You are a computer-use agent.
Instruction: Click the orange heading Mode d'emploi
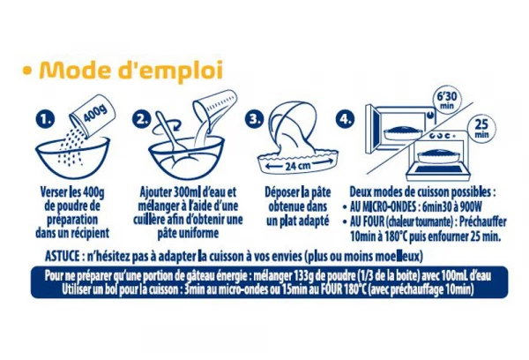pyautogui.click(x=131, y=70)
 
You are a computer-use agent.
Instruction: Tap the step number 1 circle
pyautogui.click(x=45, y=119)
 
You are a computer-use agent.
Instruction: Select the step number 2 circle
pyautogui.click(x=141, y=119)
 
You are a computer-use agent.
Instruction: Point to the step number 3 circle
pyautogui.click(x=255, y=119)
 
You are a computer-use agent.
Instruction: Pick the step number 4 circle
pyautogui.click(x=345, y=119)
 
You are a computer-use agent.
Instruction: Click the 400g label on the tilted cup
pyautogui.click(x=95, y=113)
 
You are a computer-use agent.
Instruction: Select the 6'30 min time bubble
pyautogui.click(x=447, y=99)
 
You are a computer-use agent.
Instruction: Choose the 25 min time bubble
pyautogui.click(x=481, y=128)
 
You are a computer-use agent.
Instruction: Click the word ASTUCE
pyautogui.click(x=62, y=257)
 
